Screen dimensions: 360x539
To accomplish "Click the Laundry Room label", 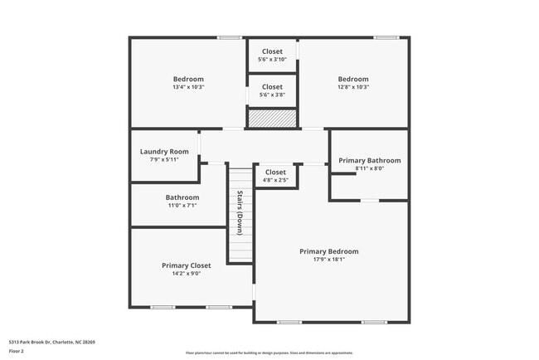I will click(x=164, y=152).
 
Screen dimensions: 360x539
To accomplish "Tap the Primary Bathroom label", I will click(x=369, y=160).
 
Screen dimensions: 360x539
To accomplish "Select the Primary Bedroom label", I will click(x=329, y=251).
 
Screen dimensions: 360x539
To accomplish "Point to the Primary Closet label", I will click(x=186, y=265).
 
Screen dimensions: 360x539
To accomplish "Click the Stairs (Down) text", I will click(x=240, y=213).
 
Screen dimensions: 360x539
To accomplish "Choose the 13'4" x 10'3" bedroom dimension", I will click(x=188, y=87).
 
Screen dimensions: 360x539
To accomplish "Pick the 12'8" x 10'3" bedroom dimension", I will click(x=353, y=87).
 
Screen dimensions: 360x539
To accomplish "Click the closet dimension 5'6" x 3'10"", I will click(x=272, y=60).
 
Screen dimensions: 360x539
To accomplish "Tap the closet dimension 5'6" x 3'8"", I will click(x=272, y=95).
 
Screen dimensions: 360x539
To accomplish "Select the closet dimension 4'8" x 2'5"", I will click(x=276, y=180).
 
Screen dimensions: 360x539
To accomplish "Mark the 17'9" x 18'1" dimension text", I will click(x=329, y=260).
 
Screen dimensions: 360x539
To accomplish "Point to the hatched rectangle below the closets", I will click(x=272, y=119).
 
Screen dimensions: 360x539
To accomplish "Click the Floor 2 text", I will click(x=17, y=351).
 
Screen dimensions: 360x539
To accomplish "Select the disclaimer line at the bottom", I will click(x=269, y=353).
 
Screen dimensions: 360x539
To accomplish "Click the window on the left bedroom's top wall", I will click(x=230, y=37).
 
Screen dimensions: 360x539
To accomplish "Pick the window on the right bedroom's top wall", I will click(x=385, y=37).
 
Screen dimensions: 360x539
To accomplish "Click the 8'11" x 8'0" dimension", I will click(x=369, y=168).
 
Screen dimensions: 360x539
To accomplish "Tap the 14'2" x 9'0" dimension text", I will click(x=186, y=274).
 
